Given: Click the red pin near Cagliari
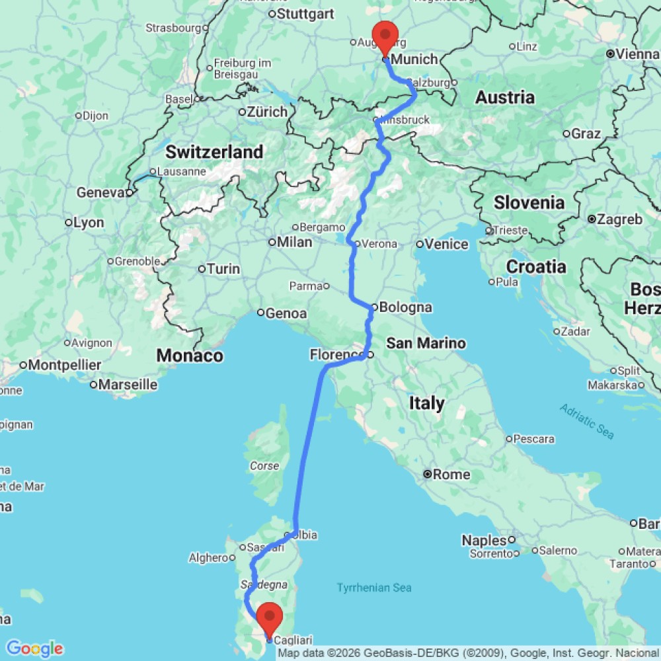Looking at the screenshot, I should coord(270,618).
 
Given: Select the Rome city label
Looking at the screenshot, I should coord(452,474).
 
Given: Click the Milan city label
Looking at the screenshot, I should coord(294,242).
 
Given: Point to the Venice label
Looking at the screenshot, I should coord(447,244).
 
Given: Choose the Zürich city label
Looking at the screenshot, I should coord(267,112).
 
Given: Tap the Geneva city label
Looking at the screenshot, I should coord(100,192).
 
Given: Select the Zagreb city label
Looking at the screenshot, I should coord(619,219).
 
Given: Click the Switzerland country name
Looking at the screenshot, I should coord(214,152).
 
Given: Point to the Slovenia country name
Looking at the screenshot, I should coord(529,202).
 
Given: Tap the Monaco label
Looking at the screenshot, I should coord(189,356).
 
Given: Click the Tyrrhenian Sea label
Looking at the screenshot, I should coord(373,587).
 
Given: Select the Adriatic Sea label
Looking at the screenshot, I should coord(587,420).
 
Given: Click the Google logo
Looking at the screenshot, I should coord(34,648).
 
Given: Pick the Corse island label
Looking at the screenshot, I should coord(264,466).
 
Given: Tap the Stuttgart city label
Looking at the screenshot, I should coord(305,13).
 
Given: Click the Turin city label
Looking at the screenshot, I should coord(223,268).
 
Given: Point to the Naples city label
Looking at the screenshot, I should coord(484,540).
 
